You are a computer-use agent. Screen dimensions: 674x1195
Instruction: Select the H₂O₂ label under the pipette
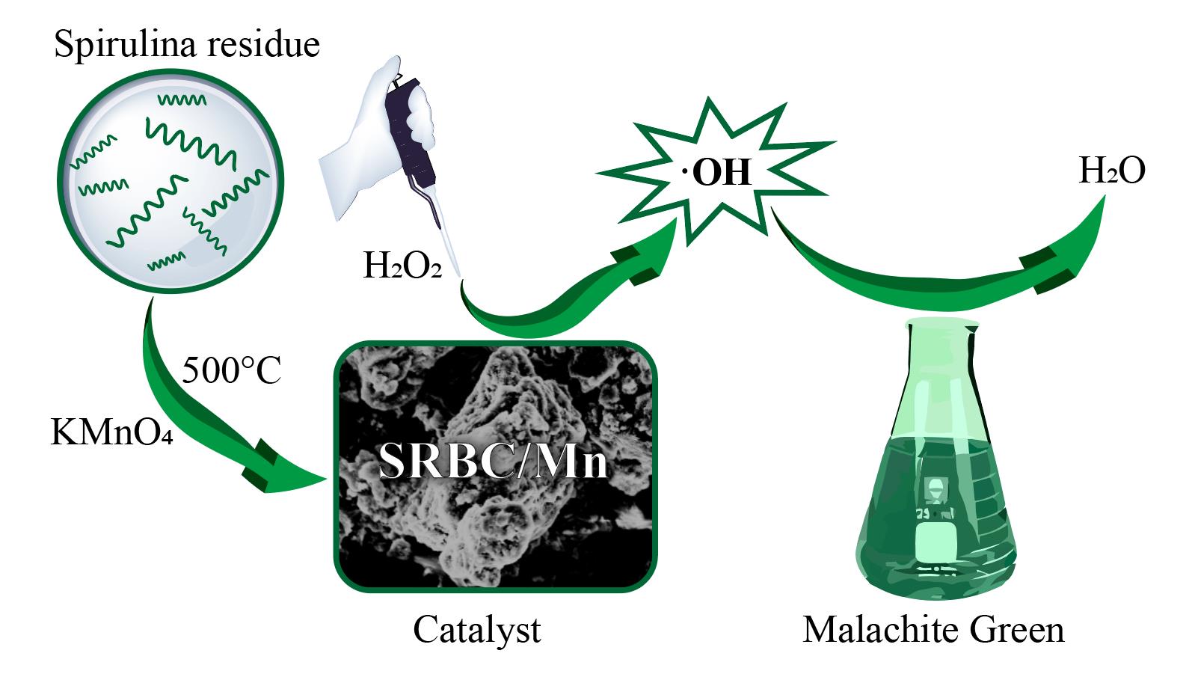[x=402, y=266]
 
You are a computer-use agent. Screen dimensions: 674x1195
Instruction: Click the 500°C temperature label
[x=231, y=370]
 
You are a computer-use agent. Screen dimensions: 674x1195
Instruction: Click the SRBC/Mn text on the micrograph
[x=493, y=461]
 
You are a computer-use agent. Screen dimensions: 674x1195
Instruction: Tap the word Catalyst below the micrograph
[x=476, y=629]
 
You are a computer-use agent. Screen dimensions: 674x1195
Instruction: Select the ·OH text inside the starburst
[x=716, y=173]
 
